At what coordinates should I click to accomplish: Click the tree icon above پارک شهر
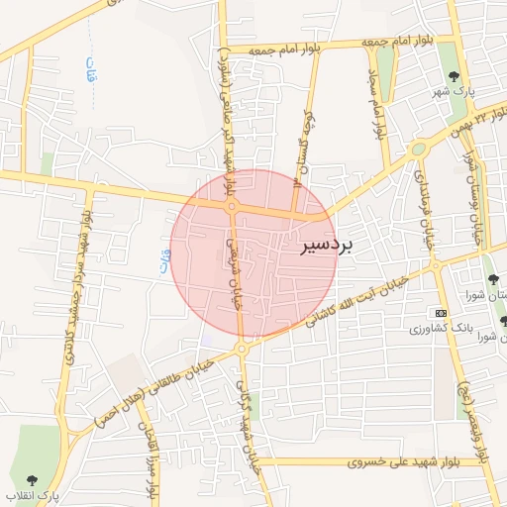tap(454, 74)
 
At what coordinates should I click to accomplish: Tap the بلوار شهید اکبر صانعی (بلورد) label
tap(227, 114)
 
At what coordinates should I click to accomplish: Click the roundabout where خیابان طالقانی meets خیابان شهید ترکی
tap(242, 350)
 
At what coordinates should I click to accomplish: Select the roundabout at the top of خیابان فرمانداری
tap(418, 151)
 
